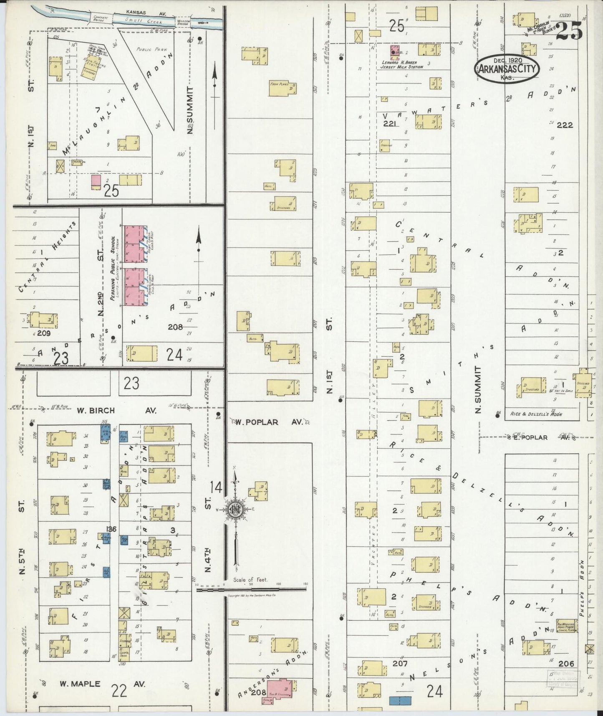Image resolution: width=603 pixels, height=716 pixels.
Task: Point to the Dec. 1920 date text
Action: point(507,60)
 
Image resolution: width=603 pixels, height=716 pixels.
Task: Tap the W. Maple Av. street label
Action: point(102,684)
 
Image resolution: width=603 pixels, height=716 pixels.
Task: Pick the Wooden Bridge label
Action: point(184,23)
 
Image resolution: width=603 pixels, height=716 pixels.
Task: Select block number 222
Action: point(565,124)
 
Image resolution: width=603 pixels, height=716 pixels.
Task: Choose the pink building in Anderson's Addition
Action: point(280,691)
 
